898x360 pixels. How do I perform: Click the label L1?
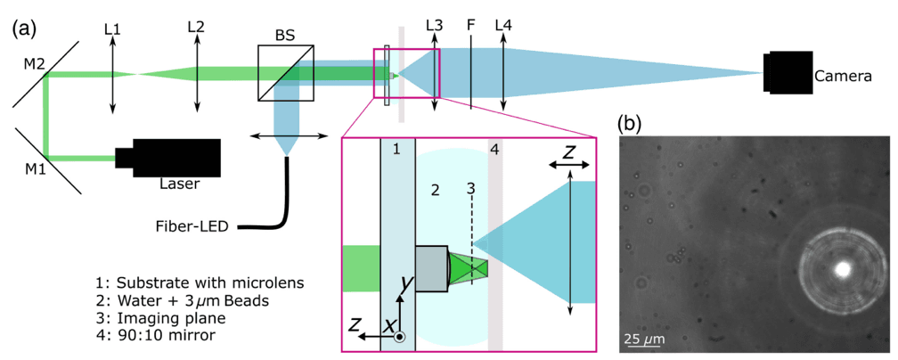112,29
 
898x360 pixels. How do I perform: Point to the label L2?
196,29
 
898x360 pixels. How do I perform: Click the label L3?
435,28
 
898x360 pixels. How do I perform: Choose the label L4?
504,28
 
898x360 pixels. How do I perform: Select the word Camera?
843,78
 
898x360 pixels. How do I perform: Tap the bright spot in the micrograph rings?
839,267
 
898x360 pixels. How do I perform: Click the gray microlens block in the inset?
430,268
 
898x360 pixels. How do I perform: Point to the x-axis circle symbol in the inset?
400,337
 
